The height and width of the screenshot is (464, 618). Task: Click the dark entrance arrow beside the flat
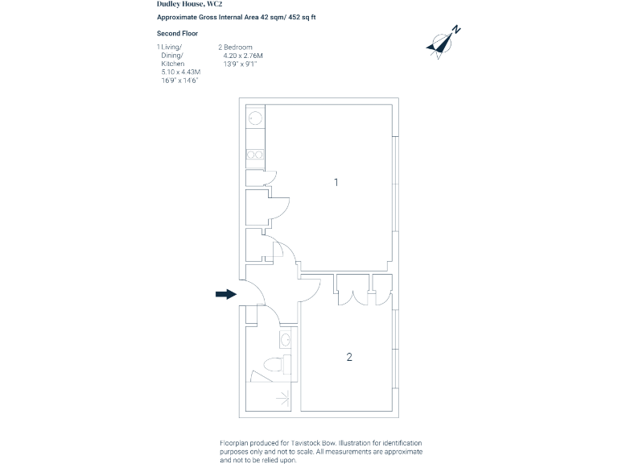[225, 294]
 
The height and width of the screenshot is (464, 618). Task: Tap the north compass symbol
[440, 45]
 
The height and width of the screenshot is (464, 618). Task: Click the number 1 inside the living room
[336, 183]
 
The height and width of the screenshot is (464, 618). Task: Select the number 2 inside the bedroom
[349, 357]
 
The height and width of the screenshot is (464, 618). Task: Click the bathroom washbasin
[285, 338]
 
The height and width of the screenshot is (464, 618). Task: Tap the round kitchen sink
[255, 118]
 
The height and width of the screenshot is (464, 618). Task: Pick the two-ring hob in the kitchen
[255, 154]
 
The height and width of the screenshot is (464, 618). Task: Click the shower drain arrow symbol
[282, 396]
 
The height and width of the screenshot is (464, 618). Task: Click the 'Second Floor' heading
[177, 33]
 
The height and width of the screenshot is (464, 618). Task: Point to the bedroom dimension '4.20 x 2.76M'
[243, 56]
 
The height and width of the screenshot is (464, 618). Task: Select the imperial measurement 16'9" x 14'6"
[179, 81]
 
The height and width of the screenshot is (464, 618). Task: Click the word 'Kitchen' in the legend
[173, 64]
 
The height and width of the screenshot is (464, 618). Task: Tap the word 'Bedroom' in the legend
[239, 48]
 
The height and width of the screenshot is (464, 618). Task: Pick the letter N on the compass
[456, 30]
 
